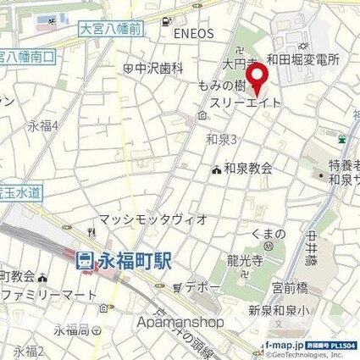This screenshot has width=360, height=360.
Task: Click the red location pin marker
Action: click(262, 78)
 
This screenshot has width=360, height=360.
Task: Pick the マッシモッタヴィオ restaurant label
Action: click(152, 219)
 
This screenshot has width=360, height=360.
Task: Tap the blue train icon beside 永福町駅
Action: click(85, 262)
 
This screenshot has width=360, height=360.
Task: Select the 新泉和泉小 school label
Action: click(297, 310)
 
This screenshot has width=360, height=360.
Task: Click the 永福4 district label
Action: click(42, 126)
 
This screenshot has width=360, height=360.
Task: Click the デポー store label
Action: click(203, 287)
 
